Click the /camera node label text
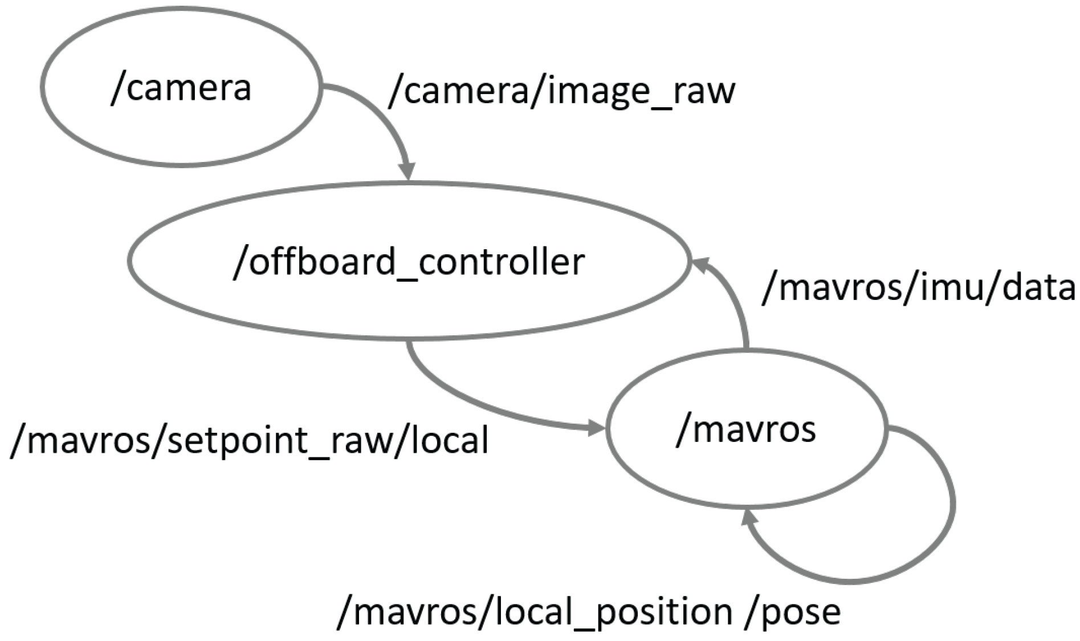pyautogui.click(x=181, y=88)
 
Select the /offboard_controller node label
pyautogui.click(x=409, y=262)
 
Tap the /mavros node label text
pyautogui.click(x=746, y=429)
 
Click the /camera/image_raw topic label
pyautogui.click(x=561, y=91)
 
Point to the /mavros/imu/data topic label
pyautogui.click(x=918, y=287)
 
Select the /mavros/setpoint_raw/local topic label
pyautogui.click(x=250, y=440)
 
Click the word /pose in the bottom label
pyautogui.click(x=793, y=612)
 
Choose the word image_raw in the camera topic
pyautogui.click(x=641, y=91)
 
